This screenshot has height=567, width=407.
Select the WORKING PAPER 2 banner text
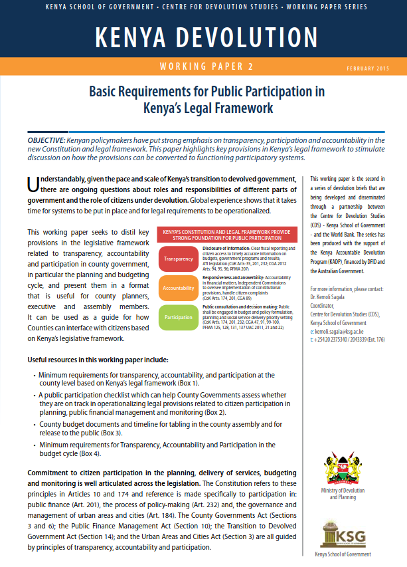point(203,67)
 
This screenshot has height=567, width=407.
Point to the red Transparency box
point(178,259)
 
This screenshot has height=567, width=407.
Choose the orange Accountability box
point(178,288)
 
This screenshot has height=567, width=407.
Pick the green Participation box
point(178,318)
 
